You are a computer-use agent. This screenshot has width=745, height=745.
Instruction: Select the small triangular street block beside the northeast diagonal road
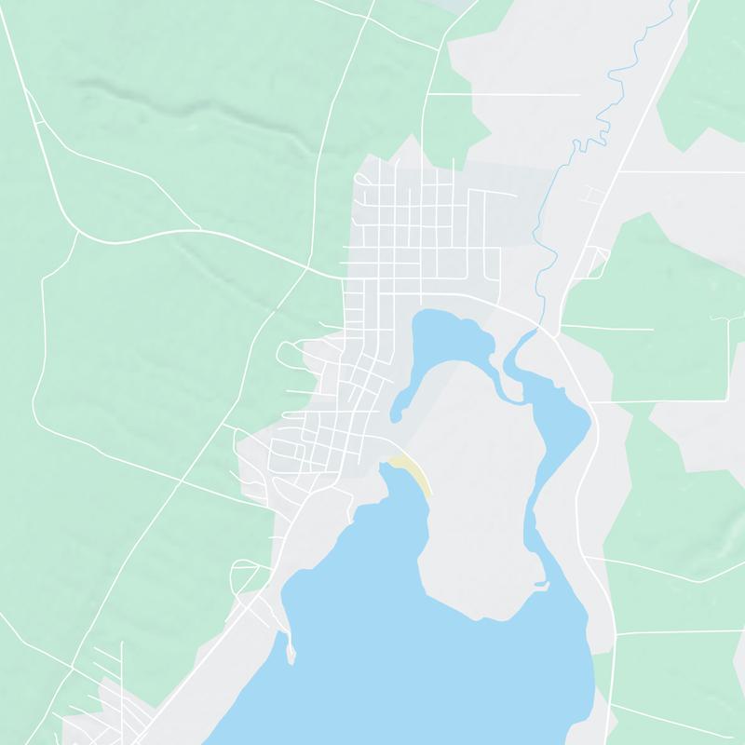[597, 261]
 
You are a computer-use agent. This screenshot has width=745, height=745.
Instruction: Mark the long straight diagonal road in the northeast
[643, 112]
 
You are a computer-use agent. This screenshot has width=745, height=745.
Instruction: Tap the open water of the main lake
[419, 652]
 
